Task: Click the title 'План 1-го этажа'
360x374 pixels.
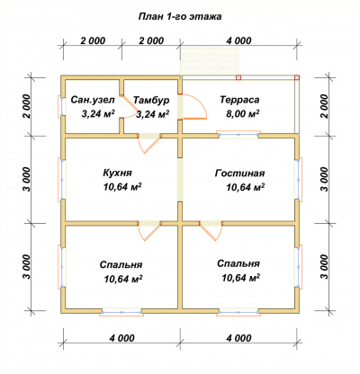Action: [x=180, y=16]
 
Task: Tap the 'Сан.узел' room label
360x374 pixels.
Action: [x=93, y=100]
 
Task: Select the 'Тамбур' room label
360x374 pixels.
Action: [x=151, y=100]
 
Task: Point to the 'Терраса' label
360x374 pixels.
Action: [x=239, y=100]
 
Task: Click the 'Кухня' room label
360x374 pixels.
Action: [x=117, y=173]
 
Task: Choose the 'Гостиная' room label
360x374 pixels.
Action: [x=240, y=174]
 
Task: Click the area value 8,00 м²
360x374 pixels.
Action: [x=242, y=114]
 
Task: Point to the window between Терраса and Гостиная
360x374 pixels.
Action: [x=238, y=135]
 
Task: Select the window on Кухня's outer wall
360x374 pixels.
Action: [x=62, y=179]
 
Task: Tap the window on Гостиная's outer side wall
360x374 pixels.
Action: [x=298, y=179]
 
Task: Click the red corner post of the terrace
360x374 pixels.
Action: [x=297, y=77]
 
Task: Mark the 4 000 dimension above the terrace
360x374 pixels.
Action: [x=238, y=40]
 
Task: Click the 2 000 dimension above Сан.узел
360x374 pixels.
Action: [x=93, y=40]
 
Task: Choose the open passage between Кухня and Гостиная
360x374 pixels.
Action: [x=180, y=180]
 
